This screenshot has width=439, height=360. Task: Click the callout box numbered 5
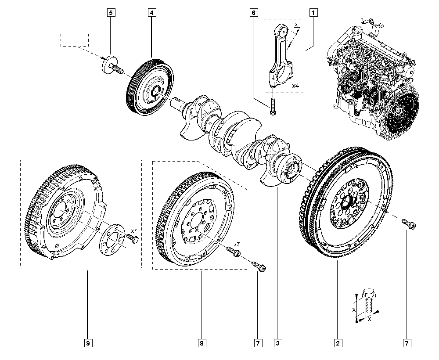pos(110,13)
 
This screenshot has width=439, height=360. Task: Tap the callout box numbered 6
pos(253,13)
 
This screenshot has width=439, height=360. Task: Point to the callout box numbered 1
pos(313,13)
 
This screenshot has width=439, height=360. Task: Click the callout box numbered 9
pos(87,342)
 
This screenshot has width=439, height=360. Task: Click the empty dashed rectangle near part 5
pos(74,40)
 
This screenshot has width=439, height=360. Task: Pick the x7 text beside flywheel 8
pos(237,244)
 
